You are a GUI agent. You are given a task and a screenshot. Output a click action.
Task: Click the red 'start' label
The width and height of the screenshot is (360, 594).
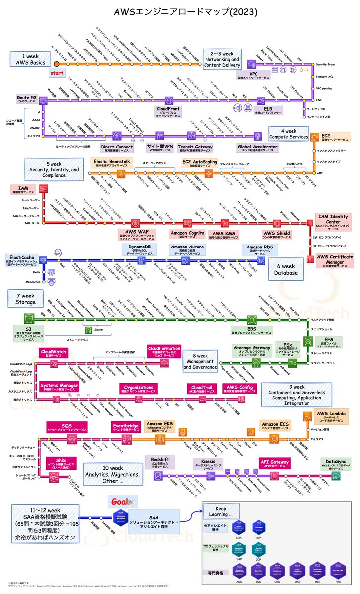pos(57,73)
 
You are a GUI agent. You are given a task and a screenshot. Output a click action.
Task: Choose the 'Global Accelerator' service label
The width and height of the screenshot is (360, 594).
pos(257,147)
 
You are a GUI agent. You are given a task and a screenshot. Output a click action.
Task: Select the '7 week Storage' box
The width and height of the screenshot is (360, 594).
pos(21,298)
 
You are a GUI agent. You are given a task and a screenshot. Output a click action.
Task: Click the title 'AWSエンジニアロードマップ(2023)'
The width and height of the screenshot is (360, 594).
pos(180,10)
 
